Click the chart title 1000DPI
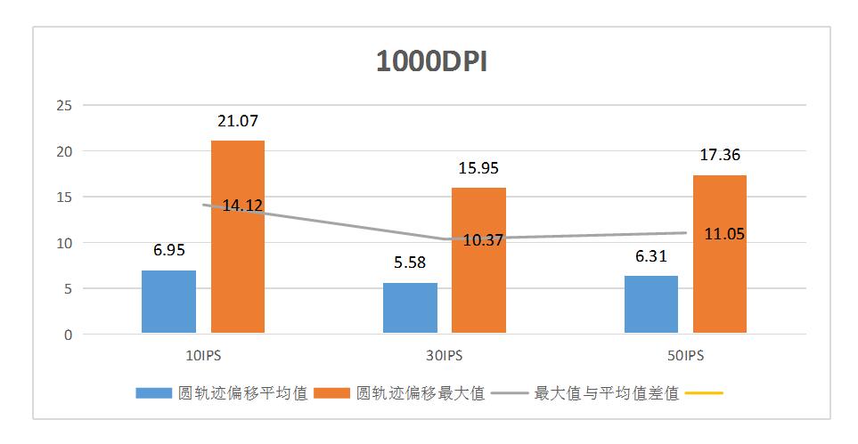point(430,62)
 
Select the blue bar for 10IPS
point(168,303)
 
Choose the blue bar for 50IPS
point(651,305)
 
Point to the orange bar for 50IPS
point(720,267)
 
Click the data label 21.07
point(238,121)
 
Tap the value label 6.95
point(168,250)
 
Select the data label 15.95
point(479,168)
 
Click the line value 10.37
point(484,240)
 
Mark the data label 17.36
point(720,155)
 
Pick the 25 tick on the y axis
point(63,105)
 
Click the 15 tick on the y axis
point(63,197)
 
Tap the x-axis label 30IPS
point(444,355)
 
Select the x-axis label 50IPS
point(685,355)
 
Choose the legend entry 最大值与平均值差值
point(606,392)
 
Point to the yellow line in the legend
point(705,392)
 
